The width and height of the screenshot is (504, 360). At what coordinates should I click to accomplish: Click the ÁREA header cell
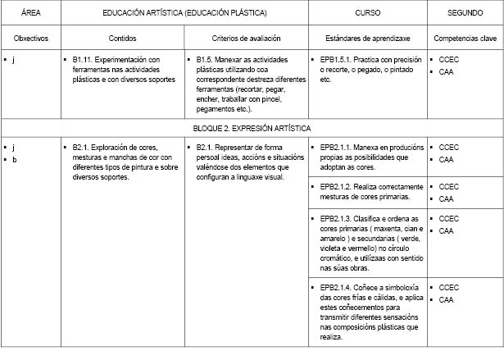(30, 14)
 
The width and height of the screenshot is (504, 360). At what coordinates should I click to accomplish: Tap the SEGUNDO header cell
(464, 14)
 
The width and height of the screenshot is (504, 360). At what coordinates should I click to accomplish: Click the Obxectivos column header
(30, 39)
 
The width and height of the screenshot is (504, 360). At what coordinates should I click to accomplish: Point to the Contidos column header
(122, 39)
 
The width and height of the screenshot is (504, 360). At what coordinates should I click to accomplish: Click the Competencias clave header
(465, 39)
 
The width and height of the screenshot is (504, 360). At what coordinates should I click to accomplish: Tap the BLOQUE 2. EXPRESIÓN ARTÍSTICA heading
(252, 129)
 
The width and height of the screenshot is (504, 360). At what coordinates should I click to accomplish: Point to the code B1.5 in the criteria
(207, 61)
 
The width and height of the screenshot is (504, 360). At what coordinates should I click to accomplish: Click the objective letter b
(14, 159)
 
